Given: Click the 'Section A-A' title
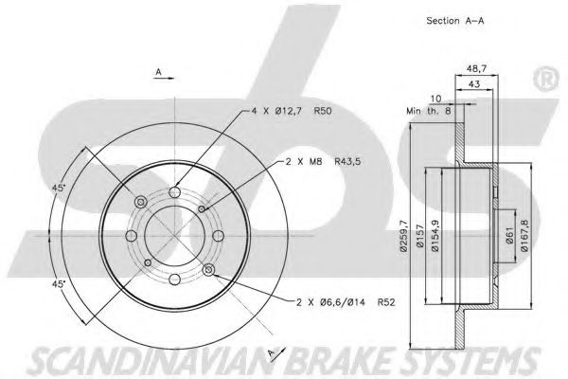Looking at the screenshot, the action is pos(455,21).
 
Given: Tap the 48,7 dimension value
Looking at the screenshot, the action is pos(476,68).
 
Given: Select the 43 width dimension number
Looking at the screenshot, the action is pos(474,84).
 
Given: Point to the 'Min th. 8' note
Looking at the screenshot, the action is pos(429,111).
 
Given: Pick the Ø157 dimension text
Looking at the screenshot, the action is pos(420,236).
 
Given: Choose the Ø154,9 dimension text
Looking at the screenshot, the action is pos(435,236).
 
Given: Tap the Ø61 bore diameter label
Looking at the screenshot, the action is pos(509,236).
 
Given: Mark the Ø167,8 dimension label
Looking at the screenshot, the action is pos(524,236).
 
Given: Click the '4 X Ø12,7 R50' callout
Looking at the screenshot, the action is pos(292,111).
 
